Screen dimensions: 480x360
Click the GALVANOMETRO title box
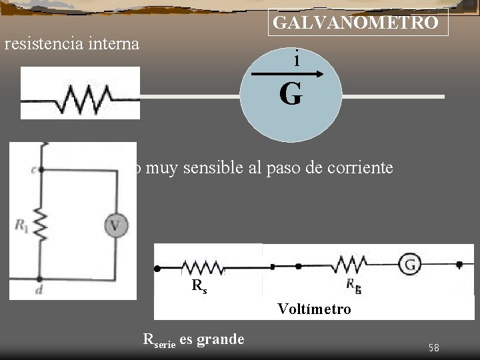(357, 23)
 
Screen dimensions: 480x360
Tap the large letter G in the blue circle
(291, 95)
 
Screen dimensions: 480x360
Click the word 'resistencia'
(44, 45)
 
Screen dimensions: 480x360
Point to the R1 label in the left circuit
(21, 225)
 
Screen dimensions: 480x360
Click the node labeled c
(41, 169)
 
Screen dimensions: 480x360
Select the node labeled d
(41, 279)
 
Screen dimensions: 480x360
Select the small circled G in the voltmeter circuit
(410, 265)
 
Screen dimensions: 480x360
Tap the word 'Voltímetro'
(314, 309)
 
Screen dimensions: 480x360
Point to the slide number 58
(434, 347)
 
